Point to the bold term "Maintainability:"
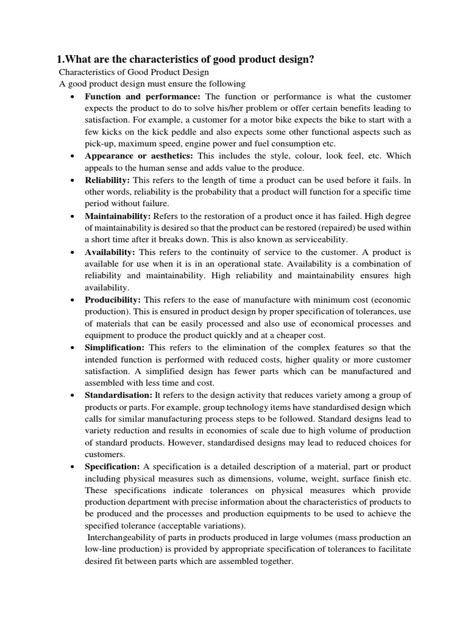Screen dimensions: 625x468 coord(118,216)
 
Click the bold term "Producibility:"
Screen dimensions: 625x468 coord(113,299)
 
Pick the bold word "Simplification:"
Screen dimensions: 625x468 coord(115,347)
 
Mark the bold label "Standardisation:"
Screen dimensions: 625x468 coord(119,395)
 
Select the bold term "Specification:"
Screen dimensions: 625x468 coord(113,466)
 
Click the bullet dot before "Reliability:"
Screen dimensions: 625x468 coord(73,181)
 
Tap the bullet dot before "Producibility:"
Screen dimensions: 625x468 coord(73,300)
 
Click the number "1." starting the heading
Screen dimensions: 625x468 coord(60,59)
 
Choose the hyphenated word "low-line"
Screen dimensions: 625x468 coord(102,549)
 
